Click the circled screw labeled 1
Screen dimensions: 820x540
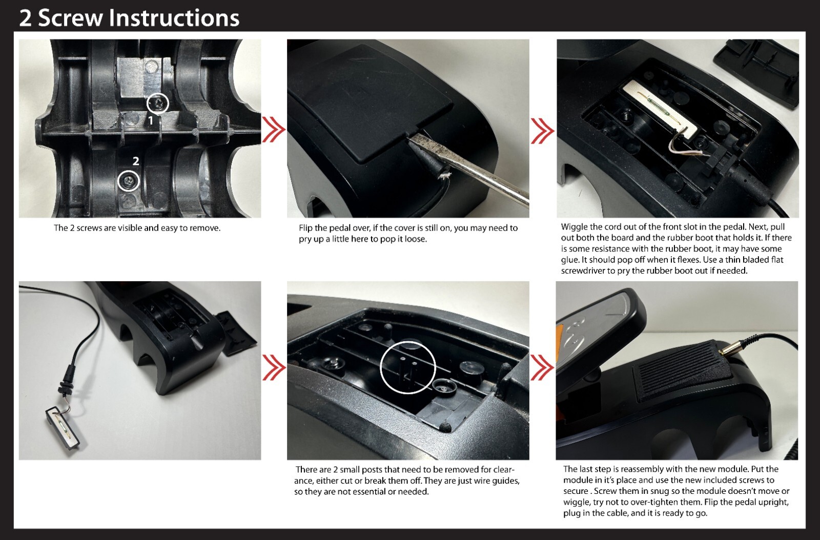click(158, 103)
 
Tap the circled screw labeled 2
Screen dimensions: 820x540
click(129, 180)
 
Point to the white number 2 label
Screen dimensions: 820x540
click(136, 161)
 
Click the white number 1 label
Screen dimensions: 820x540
click(151, 120)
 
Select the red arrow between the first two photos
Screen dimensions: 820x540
click(274, 130)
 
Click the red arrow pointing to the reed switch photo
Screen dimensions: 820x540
click(543, 131)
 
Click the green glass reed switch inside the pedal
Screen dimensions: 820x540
click(659, 110)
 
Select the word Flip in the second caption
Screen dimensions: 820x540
click(305, 228)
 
